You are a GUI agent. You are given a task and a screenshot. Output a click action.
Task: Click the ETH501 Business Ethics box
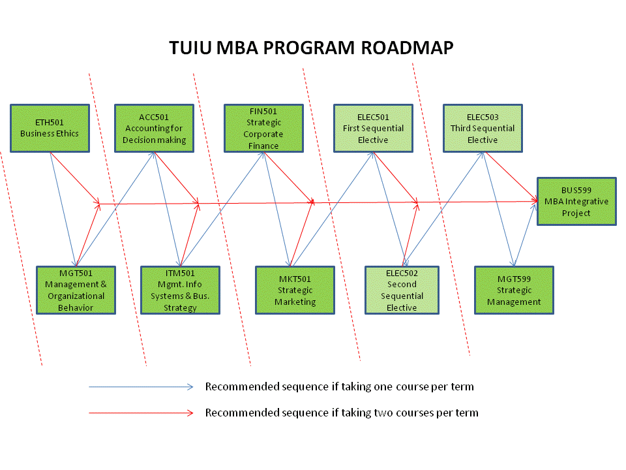tap(50, 129)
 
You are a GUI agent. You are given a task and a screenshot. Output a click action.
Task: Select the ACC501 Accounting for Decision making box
tap(154, 129)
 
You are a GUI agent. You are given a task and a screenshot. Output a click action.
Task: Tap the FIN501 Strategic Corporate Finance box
tap(263, 129)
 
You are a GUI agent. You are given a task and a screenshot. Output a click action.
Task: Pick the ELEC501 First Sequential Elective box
tap(373, 129)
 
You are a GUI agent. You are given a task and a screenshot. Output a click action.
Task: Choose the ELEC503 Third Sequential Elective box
tap(483, 129)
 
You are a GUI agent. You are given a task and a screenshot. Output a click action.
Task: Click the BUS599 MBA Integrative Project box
tap(576, 202)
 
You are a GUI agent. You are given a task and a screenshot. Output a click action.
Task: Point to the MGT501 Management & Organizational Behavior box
tap(76, 290)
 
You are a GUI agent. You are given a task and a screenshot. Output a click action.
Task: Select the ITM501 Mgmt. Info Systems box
tap(180, 290)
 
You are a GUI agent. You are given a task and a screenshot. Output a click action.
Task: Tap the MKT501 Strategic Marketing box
tap(295, 290)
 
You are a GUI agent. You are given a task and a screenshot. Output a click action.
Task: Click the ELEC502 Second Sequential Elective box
tap(402, 290)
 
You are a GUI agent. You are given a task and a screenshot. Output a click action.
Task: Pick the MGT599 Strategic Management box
tap(514, 290)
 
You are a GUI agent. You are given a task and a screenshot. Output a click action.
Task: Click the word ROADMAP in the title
tap(407, 48)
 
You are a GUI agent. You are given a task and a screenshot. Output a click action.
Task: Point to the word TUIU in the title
tap(190, 48)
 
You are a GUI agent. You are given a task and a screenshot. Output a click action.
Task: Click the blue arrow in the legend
tap(141, 387)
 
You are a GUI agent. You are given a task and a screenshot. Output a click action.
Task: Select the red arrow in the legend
tap(141, 413)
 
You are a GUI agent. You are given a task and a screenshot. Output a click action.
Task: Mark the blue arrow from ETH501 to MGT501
tap(63, 209)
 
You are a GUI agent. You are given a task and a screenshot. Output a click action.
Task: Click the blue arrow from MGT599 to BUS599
tap(524, 235)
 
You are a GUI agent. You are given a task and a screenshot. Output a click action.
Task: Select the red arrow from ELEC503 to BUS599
tap(511, 177)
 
